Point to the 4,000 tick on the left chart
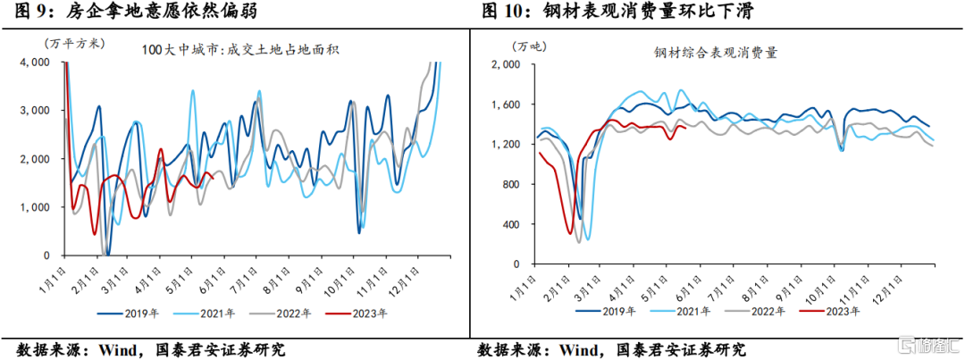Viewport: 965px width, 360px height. (x=37, y=63)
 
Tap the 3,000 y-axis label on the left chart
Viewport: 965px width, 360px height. (x=37, y=111)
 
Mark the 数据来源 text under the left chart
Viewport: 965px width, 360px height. (x=45, y=348)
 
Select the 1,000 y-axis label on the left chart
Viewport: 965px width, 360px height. (x=37, y=207)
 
